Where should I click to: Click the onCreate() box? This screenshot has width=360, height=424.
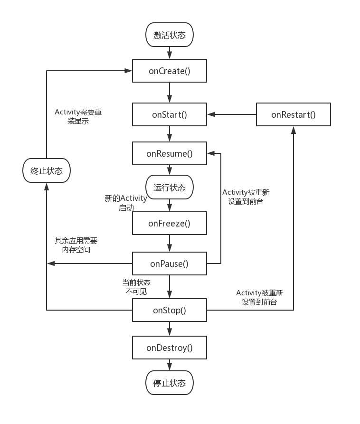(170, 71)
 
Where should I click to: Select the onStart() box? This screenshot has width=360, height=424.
(170, 114)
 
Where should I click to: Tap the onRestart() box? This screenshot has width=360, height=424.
(293, 114)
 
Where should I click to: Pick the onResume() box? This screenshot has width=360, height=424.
(170, 153)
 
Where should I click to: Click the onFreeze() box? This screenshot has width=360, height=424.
(170, 223)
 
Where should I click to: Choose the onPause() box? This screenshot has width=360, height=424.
(170, 264)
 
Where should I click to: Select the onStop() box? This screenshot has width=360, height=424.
(170, 311)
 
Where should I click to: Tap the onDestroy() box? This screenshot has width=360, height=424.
(170, 348)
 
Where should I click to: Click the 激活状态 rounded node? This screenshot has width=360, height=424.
(170, 36)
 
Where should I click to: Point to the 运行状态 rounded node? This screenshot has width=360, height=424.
(170, 188)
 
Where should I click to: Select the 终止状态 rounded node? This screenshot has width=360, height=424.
(47, 171)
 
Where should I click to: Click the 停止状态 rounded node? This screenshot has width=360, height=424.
(170, 383)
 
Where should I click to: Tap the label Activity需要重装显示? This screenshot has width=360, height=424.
(78, 116)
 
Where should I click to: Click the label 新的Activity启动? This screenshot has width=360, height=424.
(126, 203)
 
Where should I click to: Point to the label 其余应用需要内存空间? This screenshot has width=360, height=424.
(76, 245)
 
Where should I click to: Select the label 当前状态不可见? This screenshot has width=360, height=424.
(136, 287)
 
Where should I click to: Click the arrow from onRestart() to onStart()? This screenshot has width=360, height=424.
(232, 114)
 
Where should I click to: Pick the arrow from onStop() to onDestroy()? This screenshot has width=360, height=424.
(170, 329)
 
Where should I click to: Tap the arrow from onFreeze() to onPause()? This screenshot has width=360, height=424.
(170, 243)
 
